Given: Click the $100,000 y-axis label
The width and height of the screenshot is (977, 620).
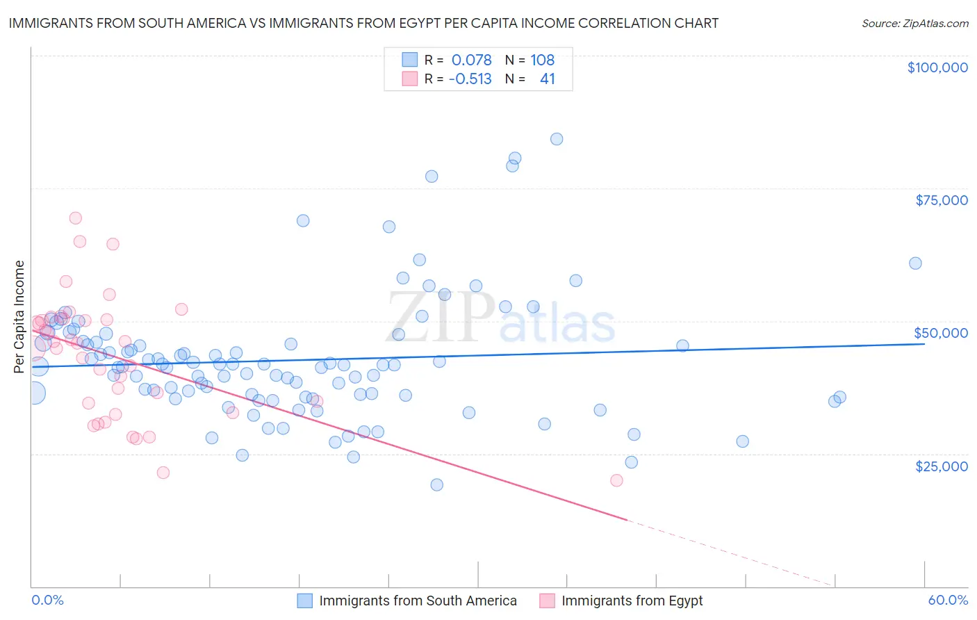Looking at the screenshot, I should pyautogui.click(x=937, y=67).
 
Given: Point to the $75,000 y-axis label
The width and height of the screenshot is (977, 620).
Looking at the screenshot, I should pyautogui.click(x=941, y=200).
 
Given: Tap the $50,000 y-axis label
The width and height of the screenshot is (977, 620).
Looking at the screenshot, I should pyautogui.click(x=941, y=333).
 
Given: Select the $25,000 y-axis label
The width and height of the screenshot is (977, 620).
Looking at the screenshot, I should pyautogui.click(x=941, y=466).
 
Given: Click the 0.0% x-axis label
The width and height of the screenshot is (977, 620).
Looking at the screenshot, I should pyautogui.click(x=47, y=600).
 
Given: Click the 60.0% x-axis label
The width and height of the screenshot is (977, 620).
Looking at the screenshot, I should pyautogui.click(x=948, y=600).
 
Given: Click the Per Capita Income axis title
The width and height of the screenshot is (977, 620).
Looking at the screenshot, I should pyautogui.click(x=19, y=316).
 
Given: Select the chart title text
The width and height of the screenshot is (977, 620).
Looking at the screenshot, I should pyautogui.click(x=363, y=23).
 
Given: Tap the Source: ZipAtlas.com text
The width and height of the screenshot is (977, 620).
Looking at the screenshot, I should pyautogui.click(x=914, y=23).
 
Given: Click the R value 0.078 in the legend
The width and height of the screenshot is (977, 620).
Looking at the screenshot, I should pyautogui.click(x=471, y=60).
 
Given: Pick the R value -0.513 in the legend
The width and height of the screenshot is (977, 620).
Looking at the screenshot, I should pyautogui.click(x=470, y=79).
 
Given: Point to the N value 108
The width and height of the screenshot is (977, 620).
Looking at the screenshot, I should pyautogui.click(x=542, y=60).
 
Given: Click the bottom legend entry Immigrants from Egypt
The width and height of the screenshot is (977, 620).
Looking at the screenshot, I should pyautogui.click(x=632, y=601).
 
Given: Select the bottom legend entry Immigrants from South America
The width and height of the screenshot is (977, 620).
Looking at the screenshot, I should pyautogui.click(x=418, y=601).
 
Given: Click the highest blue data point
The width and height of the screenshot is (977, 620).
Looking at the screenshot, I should pyautogui.click(x=557, y=139).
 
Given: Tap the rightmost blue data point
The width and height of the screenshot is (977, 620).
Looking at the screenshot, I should pyautogui.click(x=915, y=263).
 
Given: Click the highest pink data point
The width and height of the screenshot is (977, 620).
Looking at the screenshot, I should pyautogui.click(x=76, y=218).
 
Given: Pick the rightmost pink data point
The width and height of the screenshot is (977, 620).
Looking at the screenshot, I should pyautogui.click(x=616, y=480).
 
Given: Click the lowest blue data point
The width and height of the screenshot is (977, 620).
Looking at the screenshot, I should pyautogui.click(x=436, y=484).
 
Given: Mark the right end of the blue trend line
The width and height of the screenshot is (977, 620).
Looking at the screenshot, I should pyautogui.click(x=924, y=344).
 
